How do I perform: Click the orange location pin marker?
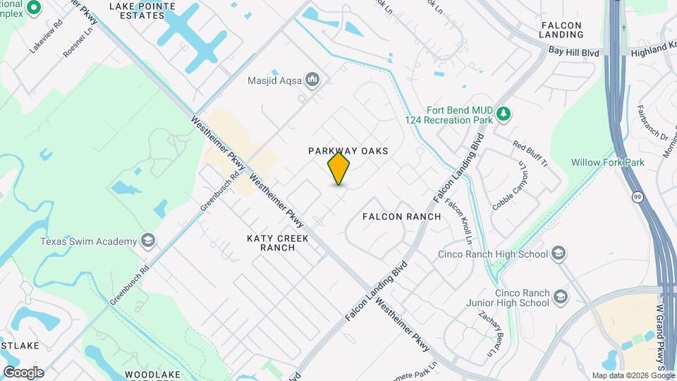point(339,168)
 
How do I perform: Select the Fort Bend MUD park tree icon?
point(503,114)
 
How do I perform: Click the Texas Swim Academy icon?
point(148,241)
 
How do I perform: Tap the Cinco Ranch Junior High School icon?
point(561,296)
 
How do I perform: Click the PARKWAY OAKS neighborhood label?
point(348,151)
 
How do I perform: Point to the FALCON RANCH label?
point(401,216)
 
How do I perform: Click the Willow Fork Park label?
point(608,162)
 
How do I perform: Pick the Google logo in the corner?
point(23,372)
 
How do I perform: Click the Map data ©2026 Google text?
point(633,375)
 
